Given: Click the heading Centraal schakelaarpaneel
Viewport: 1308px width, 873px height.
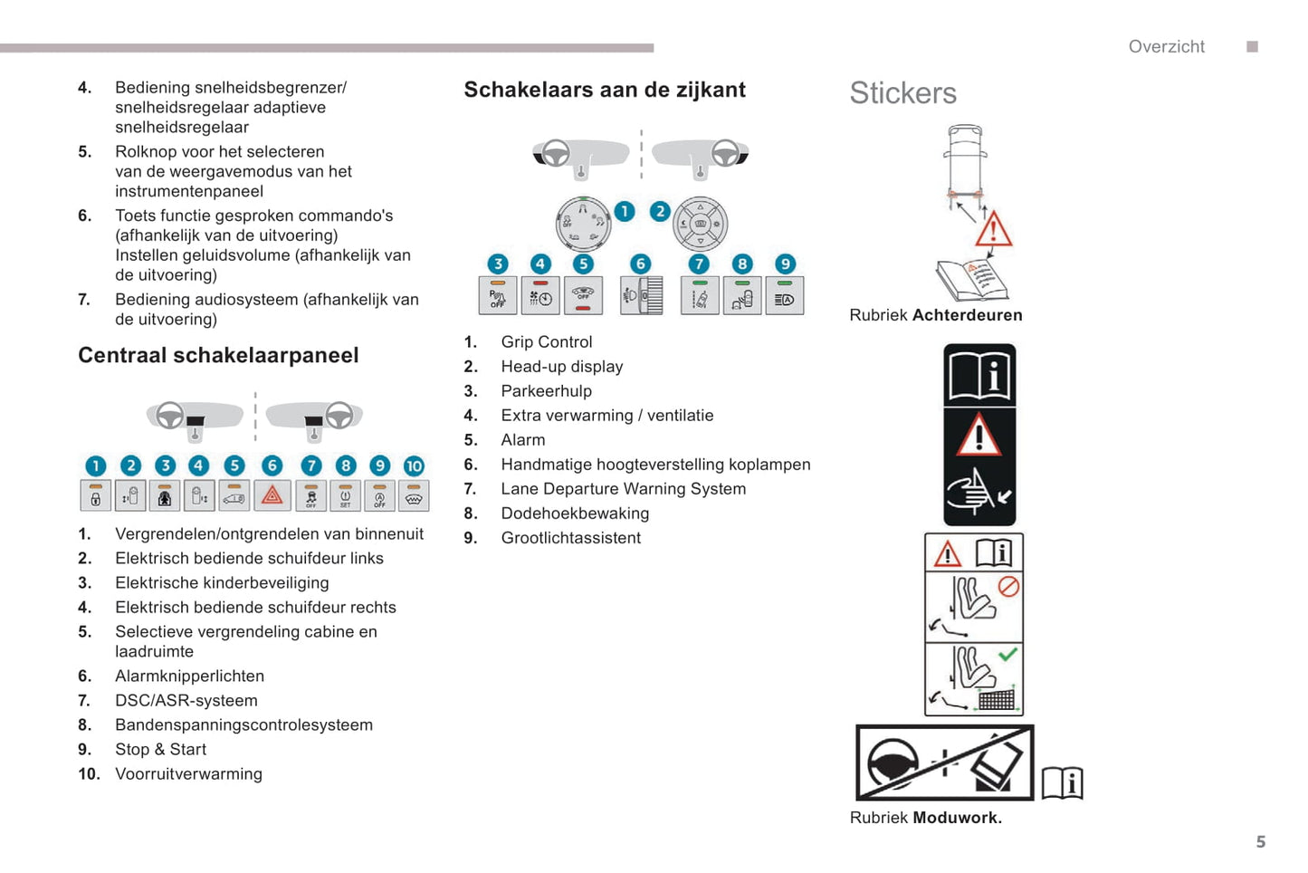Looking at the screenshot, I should [218, 355].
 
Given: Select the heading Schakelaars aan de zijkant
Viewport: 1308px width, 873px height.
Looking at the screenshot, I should [605, 90].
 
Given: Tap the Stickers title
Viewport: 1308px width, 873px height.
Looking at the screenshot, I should [902, 93].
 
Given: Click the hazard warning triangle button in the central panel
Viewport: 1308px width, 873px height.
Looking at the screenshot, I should [272, 495].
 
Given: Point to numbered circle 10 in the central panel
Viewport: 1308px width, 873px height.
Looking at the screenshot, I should [414, 465].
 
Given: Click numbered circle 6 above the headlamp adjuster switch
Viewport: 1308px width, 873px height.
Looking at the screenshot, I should [641, 264].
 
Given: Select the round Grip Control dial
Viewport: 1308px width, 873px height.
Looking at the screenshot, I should [583, 224].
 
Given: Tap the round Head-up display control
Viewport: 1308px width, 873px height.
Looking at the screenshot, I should [700, 224].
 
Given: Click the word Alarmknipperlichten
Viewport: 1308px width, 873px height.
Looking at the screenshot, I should [189, 676].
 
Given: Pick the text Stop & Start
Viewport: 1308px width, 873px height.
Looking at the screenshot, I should [160, 750].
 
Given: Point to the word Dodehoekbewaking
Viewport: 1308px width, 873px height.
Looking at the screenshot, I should [575, 513].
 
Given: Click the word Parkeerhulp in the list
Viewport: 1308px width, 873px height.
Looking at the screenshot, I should [546, 391].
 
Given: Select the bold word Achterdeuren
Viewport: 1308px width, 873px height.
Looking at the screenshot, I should [967, 315].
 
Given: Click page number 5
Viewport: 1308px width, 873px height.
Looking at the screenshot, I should [1261, 842].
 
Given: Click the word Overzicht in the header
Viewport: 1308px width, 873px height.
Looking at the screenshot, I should [1166, 47].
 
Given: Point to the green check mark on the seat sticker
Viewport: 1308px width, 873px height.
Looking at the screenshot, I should [1007, 654].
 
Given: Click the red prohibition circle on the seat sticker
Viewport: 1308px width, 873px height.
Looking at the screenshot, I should [1008, 587].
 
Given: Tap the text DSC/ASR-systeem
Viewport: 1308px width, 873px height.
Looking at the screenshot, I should [186, 701].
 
